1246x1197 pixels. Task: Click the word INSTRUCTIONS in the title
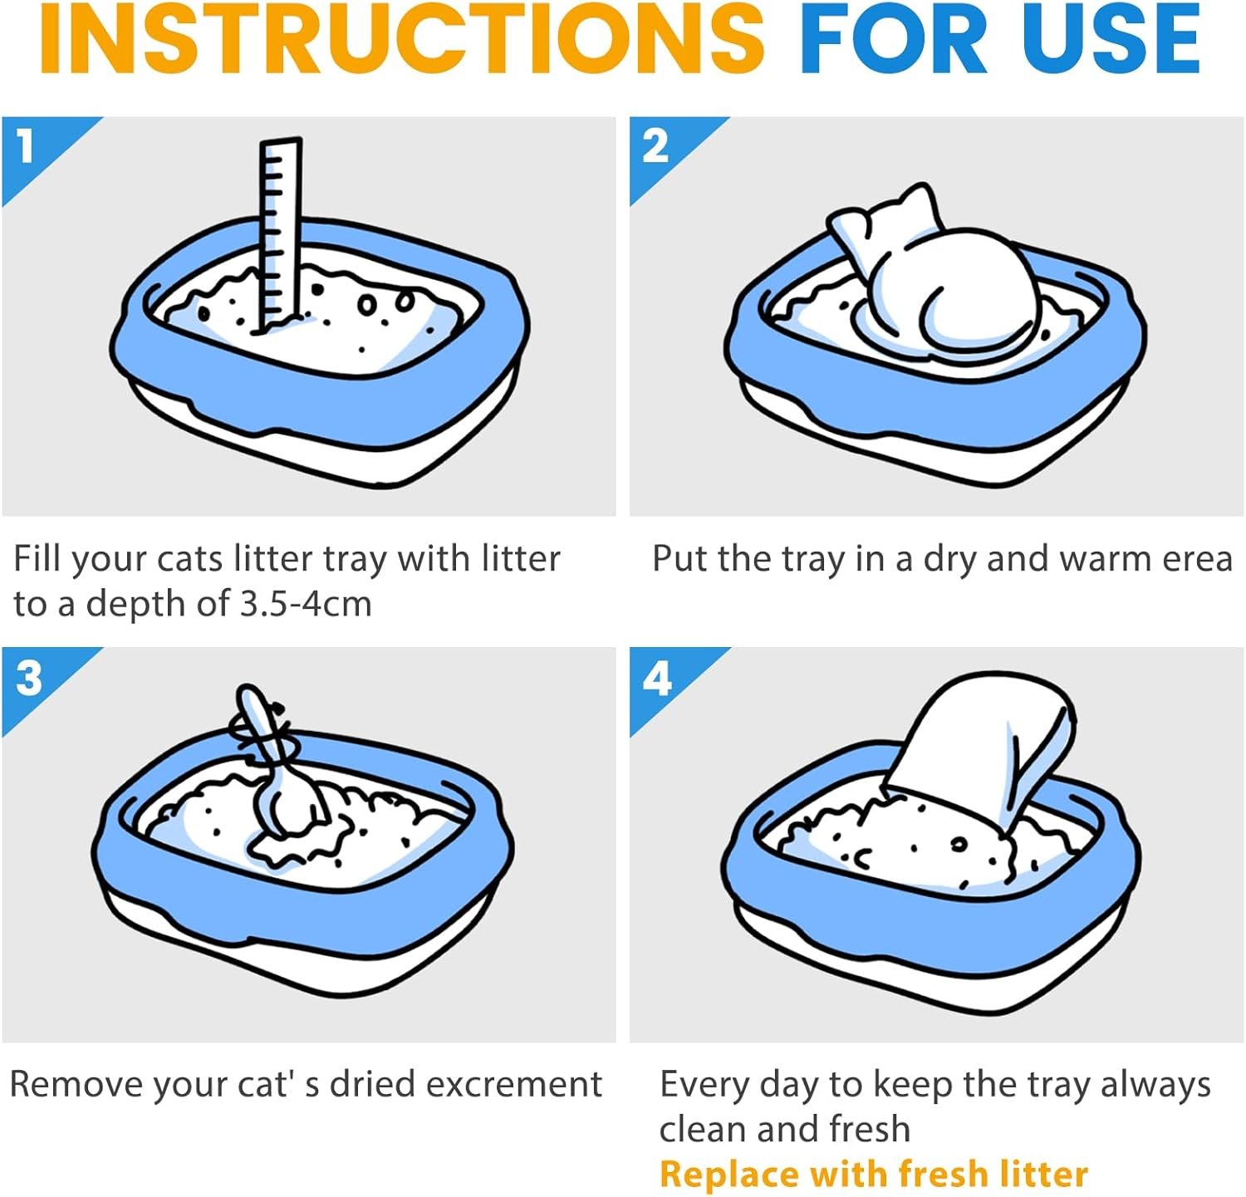pos(402,39)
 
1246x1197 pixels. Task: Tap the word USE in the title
pos(1112,39)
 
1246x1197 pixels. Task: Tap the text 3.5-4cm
pos(306,604)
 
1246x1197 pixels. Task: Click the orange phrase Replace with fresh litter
pos(874,1174)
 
